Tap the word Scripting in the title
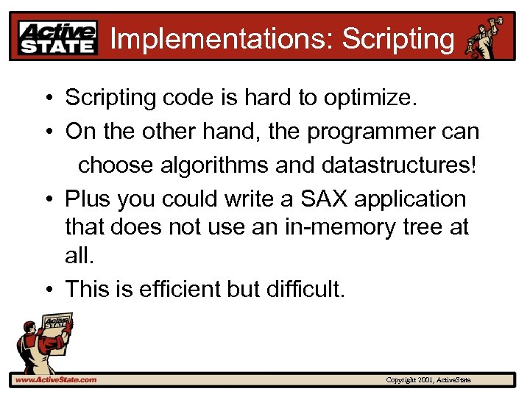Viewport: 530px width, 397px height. pos(398,38)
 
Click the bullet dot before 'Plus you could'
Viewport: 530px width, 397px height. pos(46,199)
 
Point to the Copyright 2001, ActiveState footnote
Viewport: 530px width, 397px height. pos(428,380)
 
